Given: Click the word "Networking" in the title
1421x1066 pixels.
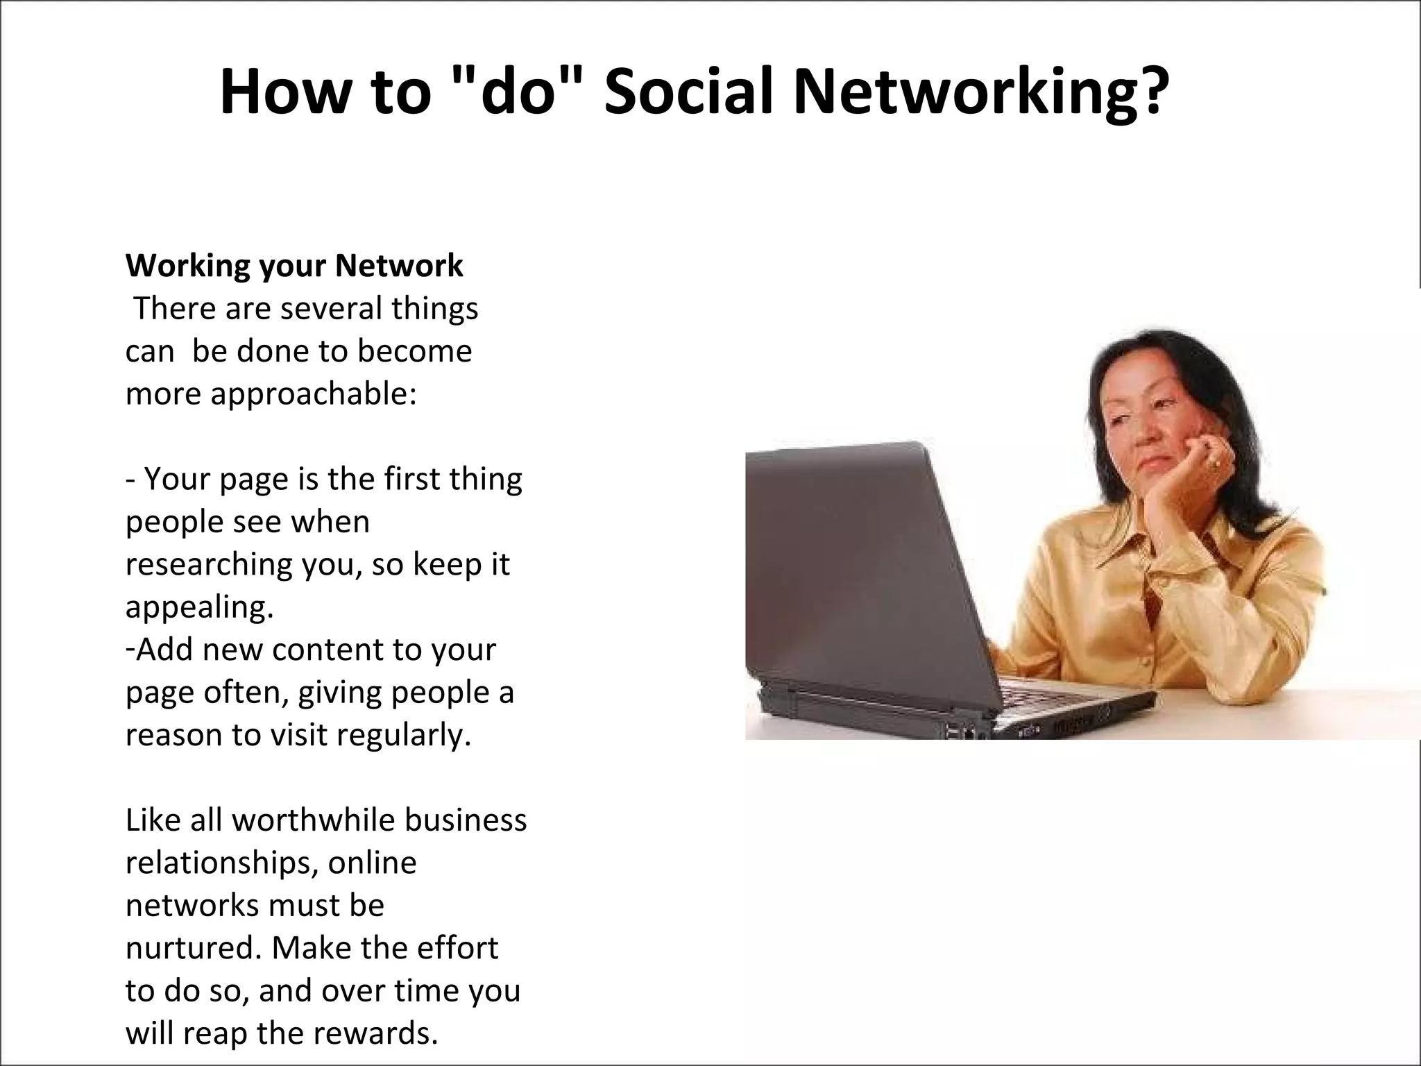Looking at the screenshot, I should [961, 94].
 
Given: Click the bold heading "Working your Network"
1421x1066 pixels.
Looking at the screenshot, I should [294, 266].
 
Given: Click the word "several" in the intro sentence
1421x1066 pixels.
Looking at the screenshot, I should [330, 309].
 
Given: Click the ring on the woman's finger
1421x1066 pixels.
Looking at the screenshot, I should [1215, 463].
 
